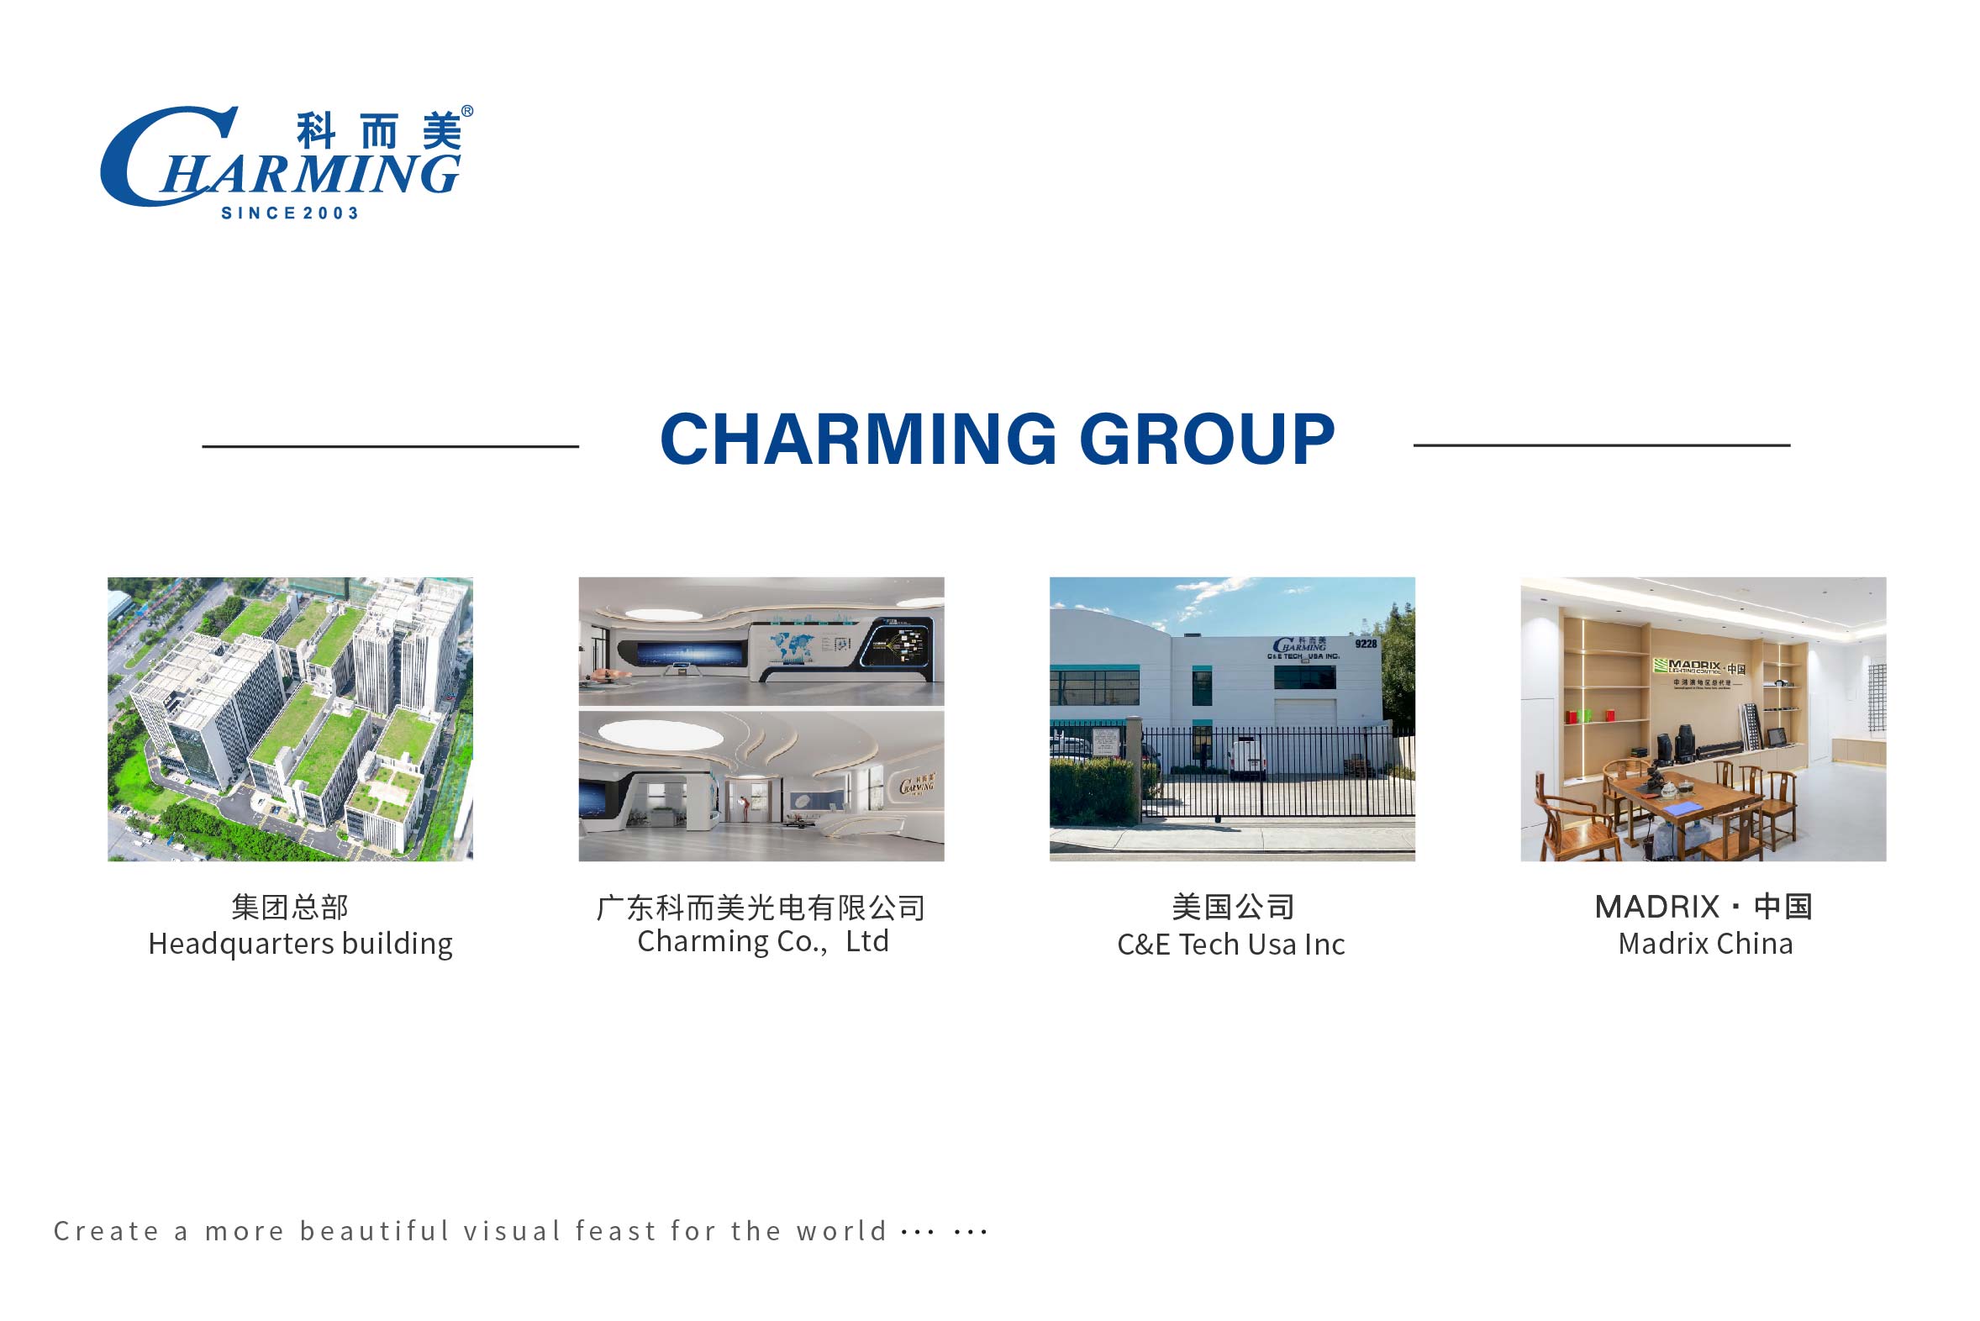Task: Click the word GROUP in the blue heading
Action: coord(1208,439)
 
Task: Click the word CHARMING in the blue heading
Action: coord(858,439)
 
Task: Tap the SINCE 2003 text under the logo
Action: coord(290,213)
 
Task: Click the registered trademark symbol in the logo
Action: coord(467,111)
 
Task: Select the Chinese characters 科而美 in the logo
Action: coord(379,130)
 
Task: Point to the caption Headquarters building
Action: coord(301,945)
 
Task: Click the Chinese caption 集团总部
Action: coord(290,908)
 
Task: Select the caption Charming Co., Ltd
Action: coord(762,942)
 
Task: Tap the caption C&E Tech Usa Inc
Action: coord(1231,945)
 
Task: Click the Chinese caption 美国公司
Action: coord(1233,908)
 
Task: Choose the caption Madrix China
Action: coord(1705,945)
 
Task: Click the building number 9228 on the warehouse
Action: coord(1366,644)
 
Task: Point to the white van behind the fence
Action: coord(1248,757)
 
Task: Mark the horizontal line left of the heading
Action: coord(390,445)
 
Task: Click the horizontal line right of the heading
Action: coord(1602,445)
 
